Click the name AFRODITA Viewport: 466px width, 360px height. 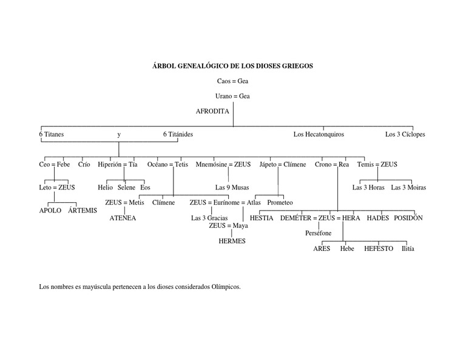coord(212,112)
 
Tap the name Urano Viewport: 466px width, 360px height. coord(224,97)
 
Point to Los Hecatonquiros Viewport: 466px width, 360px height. coord(319,134)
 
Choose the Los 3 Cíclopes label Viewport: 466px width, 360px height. coord(405,134)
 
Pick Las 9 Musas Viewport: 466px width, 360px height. coord(232,188)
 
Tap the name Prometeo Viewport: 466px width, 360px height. coord(280,203)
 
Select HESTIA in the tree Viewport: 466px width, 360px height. coord(262,218)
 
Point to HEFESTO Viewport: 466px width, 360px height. coord(379,249)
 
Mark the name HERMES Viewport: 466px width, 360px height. coord(232,241)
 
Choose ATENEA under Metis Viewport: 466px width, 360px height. coord(123,218)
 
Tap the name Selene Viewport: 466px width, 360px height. coord(127,188)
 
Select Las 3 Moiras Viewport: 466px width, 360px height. coord(408,188)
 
